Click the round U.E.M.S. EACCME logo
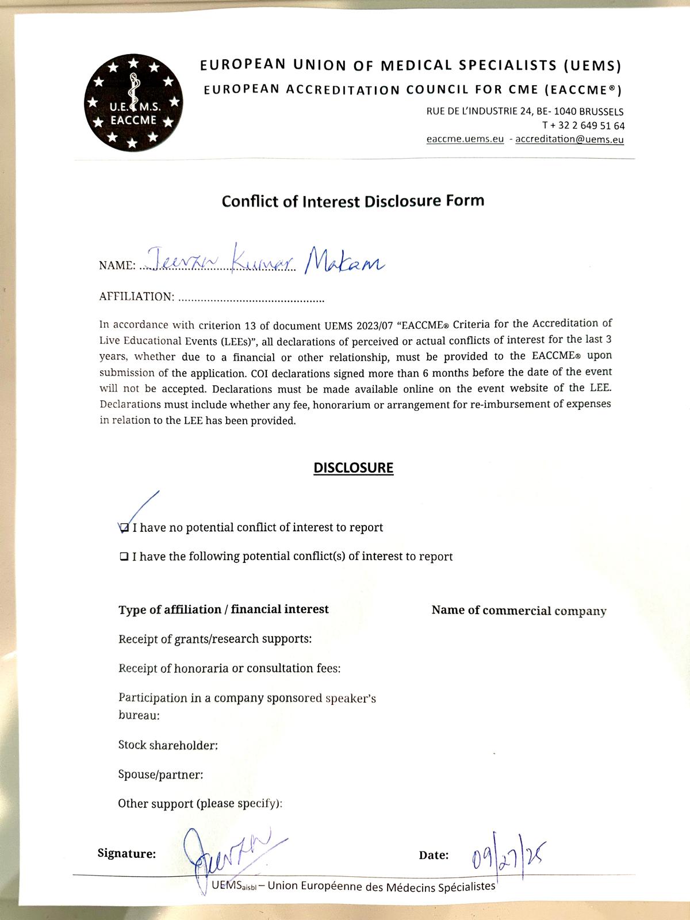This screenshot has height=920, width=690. pos(133,102)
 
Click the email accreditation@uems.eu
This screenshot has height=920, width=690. pos(569,139)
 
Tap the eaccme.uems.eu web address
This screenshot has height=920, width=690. pos(465,139)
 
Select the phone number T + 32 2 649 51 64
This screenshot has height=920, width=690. pos(583,125)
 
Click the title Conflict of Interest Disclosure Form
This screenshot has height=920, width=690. pos(353,201)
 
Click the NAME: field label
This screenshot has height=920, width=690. pos(117,266)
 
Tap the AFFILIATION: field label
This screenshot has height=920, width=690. pos(136,297)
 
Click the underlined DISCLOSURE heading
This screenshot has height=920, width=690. pos(353,468)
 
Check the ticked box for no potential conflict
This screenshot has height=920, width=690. pos(124,528)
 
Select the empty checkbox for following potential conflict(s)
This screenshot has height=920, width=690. pos(124,557)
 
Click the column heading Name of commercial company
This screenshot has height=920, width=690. pos(519,611)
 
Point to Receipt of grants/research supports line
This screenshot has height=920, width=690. pos(215,639)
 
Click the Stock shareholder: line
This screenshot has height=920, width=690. pos(168,745)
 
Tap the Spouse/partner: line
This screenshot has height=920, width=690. pos(160,775)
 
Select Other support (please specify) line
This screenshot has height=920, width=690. pos(200,803)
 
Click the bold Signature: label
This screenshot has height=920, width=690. pos(126,854)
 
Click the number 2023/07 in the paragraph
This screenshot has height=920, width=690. pos(374,324)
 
